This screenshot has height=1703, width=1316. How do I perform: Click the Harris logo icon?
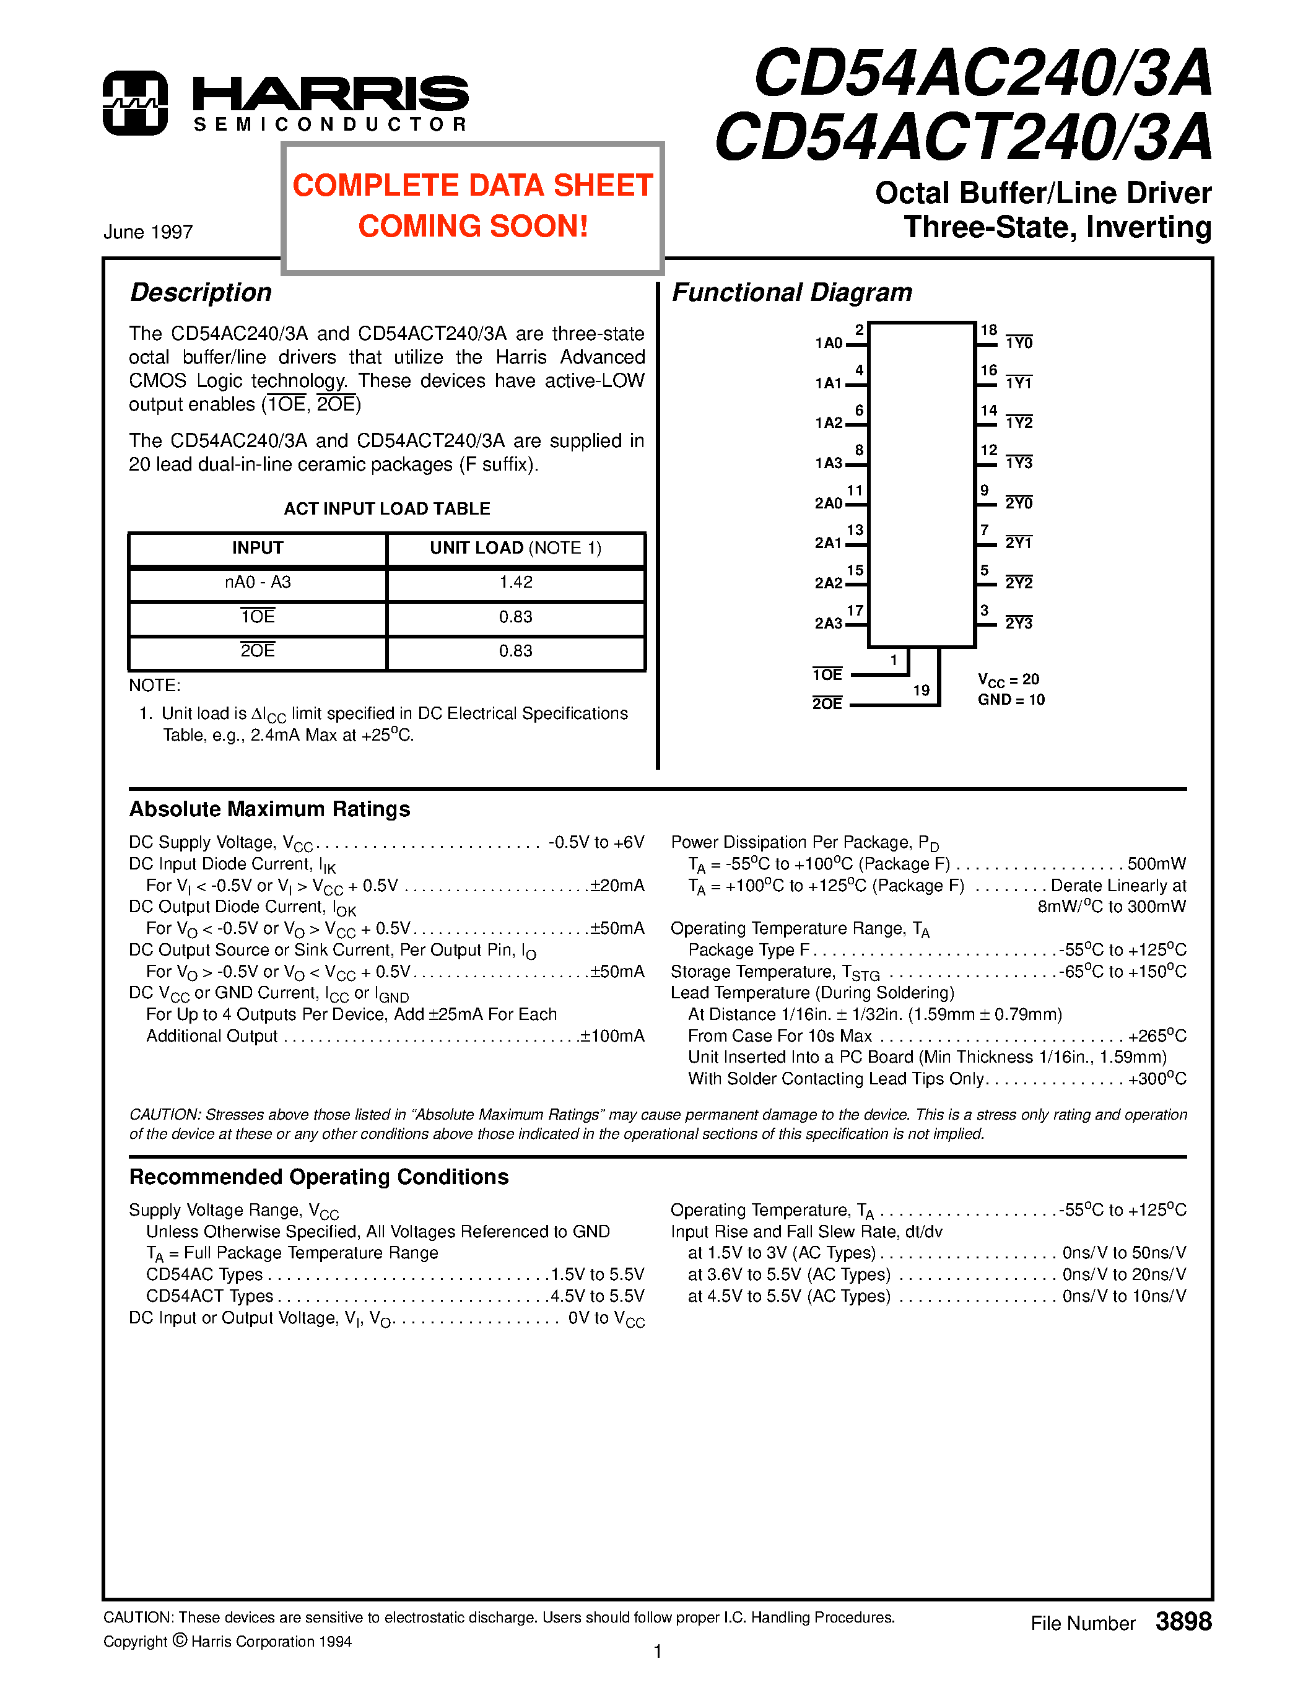tap(135, 103)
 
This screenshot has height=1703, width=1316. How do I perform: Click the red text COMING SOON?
tap(473, 227)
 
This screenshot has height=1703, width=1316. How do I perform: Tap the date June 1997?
tap(148, 232)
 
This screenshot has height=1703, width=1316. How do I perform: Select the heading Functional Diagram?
tap(791, 292)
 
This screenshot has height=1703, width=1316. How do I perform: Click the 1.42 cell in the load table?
tap(515, 583)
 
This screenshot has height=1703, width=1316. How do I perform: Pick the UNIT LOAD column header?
tap(515, 548)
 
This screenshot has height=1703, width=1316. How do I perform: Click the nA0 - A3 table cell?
tap(257, 583)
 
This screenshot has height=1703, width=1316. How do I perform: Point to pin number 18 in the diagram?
tap(988, 331)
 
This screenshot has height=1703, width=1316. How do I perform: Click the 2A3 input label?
tap(828, 623)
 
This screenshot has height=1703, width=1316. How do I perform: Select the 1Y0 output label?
tap(1018, 343)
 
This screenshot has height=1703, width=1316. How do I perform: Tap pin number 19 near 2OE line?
tap(921, 691)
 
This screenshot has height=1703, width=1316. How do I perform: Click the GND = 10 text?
tap(1011, 700)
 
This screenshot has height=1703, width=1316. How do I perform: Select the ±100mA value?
tap(612, 1036)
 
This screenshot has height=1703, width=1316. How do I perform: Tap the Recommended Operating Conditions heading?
tap(319, 1177)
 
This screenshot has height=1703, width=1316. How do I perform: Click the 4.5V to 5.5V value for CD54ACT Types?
tap(597, 1296)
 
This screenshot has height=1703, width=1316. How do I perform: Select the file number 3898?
tap(1183, 1622)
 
